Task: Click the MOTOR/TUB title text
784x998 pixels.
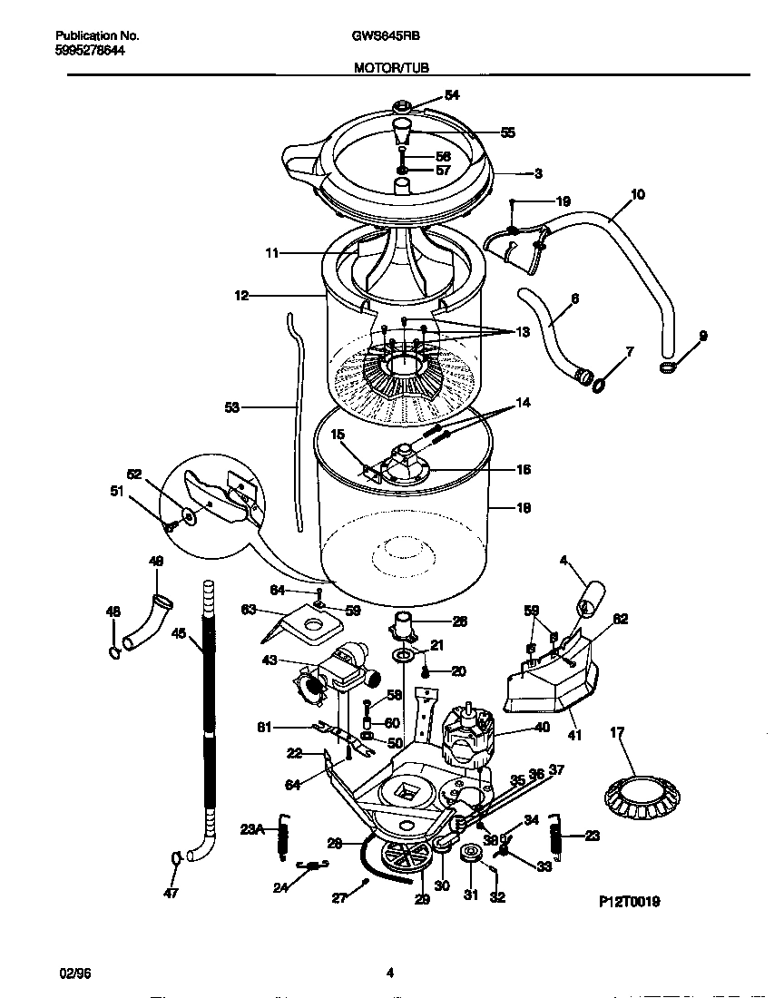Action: [391, 67]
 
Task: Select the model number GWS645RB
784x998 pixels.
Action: [379, 36]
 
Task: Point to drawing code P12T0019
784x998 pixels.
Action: [629, 902]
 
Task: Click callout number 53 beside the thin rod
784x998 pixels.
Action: [232, 408]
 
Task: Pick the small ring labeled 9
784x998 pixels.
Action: [667, 367]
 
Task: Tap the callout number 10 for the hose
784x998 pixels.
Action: [637, 194]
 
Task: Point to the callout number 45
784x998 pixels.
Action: [180, 634]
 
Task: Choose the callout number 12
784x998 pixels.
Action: [241, 295]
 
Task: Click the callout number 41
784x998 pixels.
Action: [574, 734]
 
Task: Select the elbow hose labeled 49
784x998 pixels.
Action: [148, 621]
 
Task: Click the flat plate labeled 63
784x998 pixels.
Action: [309, 626]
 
